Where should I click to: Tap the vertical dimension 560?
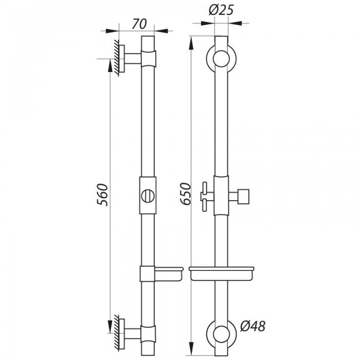tap(103, 194)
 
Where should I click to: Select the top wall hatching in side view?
tap(118, 59)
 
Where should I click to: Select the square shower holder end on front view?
tap(244, 196)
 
